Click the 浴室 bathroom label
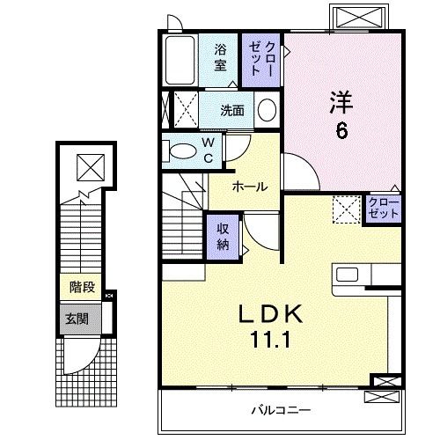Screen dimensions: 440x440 (x=220, y=58)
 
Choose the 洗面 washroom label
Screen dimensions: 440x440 (x=232, y=111)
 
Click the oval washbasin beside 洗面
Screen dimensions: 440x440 (x=268, y=111)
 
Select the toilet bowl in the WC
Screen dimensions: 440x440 (x=181, y=151)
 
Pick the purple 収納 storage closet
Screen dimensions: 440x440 (x=224, y=235)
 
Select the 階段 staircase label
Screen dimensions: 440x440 (x=83, y=286)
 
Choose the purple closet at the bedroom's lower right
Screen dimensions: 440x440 (x=384, y=209)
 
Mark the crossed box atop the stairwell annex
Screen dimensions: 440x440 (x=88, y=166)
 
